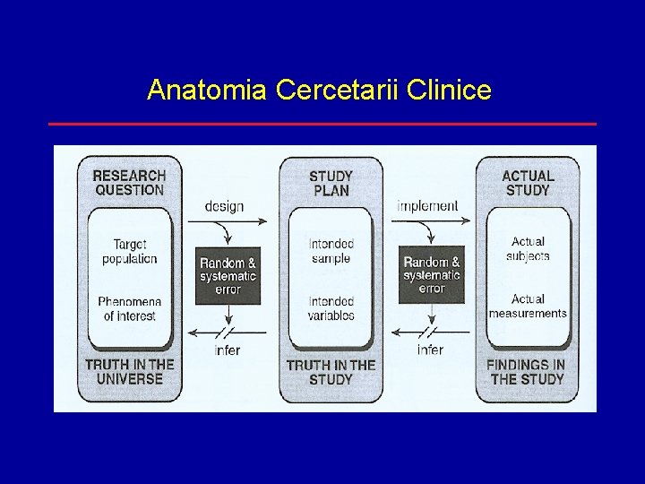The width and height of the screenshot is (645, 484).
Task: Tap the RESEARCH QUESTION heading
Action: pos(129,183)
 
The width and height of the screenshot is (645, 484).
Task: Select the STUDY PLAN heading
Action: pos(331,183)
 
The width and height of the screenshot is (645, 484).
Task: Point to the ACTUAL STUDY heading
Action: pos(528,183)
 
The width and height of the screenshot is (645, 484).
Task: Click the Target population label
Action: pos(129,251)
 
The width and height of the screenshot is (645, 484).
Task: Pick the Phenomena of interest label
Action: pos(129,308)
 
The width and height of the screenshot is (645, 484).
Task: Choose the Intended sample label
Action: pos(331,251)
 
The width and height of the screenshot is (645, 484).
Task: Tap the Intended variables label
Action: pos(331,308)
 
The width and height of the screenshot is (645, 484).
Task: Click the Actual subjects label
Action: pos(528,248)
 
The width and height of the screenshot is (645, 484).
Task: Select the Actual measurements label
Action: pos(528,306)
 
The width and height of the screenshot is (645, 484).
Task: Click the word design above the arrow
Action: pos(224,206)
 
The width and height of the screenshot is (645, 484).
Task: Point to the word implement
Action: pos(427,205)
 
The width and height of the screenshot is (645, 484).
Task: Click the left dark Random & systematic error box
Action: pos(228,276)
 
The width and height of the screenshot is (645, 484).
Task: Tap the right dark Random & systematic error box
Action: pos(432,275)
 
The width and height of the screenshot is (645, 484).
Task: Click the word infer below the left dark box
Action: pos(228,350)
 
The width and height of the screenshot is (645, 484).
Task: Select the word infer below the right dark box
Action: pos(430,350)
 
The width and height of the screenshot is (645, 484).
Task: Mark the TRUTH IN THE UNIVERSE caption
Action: pos(129,371)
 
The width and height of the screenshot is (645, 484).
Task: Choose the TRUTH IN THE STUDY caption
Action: pos(331,371)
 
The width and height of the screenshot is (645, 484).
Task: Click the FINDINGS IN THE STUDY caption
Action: pos(526,371)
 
